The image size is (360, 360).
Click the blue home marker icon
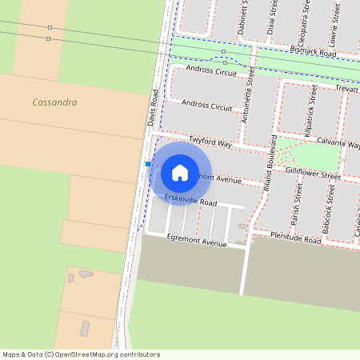(x=180, y=172)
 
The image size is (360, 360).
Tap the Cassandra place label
(x=55, y=102)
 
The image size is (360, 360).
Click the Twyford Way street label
(x=210, y=142)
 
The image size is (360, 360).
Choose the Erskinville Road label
(x=190, y=200)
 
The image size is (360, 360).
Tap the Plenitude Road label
(x=295, y=238)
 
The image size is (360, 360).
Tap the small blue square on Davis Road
(x=148, y=163)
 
